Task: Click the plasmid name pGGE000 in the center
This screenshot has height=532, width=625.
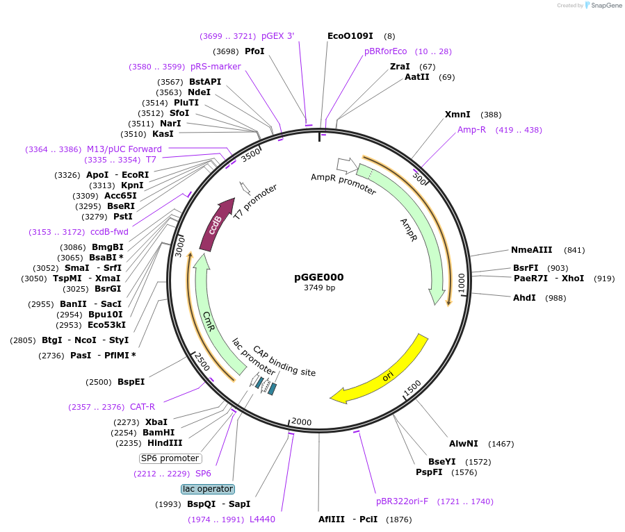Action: click(318, 277)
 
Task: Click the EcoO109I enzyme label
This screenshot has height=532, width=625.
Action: click(350, 35)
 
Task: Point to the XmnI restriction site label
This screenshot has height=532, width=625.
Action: click(457, 115)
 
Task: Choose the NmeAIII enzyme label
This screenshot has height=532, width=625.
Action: click(531, 250)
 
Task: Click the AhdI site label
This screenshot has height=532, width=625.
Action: click(524, 298)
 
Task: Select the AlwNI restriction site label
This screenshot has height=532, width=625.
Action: click(463, 443)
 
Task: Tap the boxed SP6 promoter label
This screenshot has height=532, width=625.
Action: click(170, 458)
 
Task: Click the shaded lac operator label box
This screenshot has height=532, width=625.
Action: click(208, 489)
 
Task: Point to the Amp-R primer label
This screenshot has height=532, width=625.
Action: click(472, 130)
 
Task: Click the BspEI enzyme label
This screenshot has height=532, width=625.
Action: click(131, 382)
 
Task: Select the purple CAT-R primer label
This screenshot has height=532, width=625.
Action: click(143, 407)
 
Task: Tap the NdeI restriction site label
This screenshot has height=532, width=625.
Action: click(199, 92)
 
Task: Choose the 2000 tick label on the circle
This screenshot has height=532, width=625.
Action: click(302, 422)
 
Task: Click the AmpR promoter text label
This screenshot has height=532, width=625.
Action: click(343, 184)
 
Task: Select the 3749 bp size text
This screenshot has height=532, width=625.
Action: click(319, 288)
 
